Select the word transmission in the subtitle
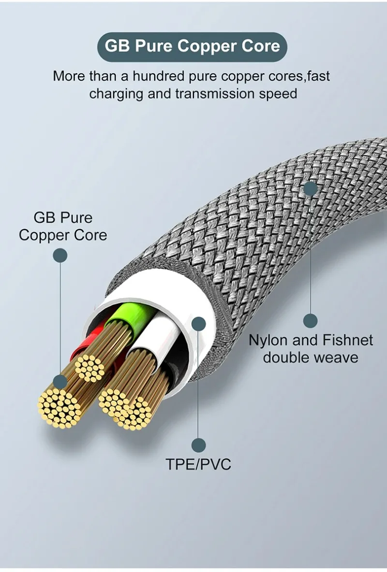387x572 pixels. coord(215,93)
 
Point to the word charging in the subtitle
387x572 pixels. coord(116,93)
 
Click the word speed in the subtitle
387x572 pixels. coord(278,93)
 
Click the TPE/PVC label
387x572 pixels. coord(198,465)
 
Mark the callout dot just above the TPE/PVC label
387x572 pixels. coord(198,445)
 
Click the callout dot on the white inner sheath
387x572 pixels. coord(198,324)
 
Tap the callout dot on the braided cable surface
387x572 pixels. coord(311,188)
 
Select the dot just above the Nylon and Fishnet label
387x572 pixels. coord(311,320)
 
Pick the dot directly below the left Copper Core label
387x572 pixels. coord(60,255)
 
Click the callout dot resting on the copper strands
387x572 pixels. coord(60,382)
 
